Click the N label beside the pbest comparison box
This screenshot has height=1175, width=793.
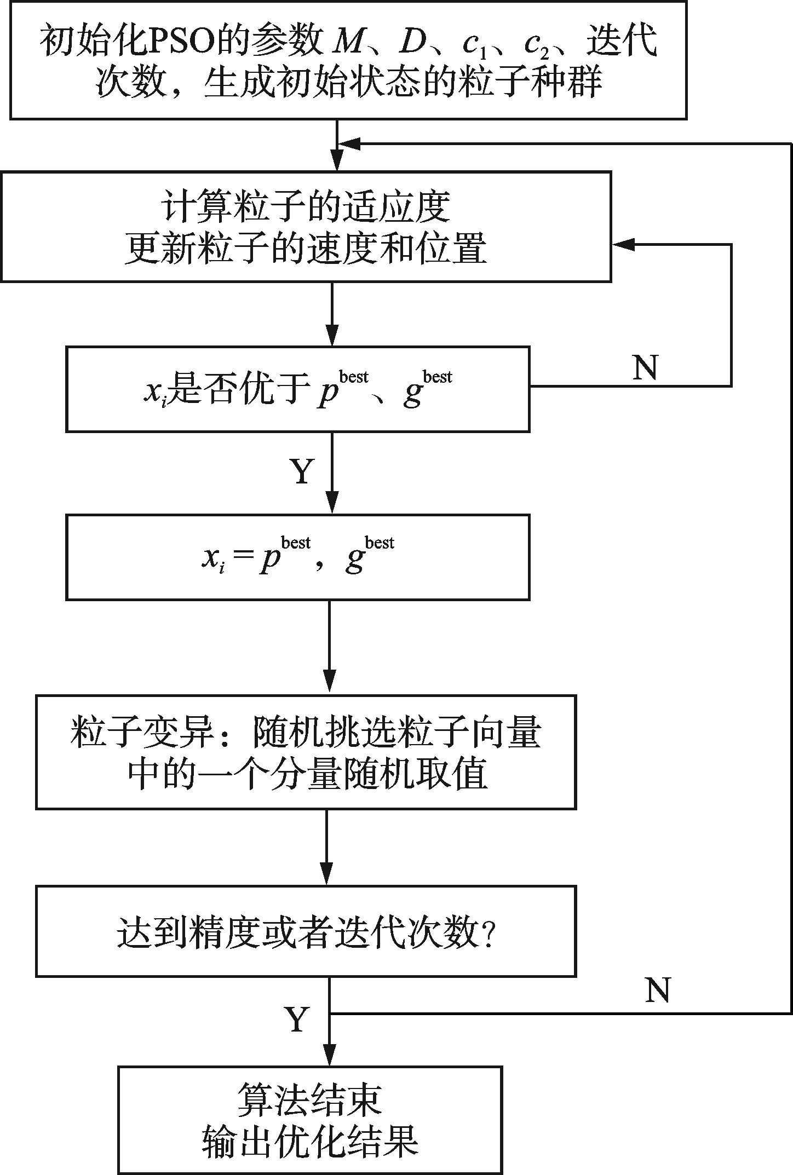coord(645,367)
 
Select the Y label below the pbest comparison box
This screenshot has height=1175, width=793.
coord(302,471)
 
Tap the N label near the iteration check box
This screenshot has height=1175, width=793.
coord(658,990)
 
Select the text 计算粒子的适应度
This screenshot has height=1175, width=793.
coord(306,207)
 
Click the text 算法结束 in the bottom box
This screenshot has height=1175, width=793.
coord(309,1099)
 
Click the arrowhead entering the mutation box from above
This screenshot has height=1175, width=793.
coord(329,684)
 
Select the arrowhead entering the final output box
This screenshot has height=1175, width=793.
coord(330,1055)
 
